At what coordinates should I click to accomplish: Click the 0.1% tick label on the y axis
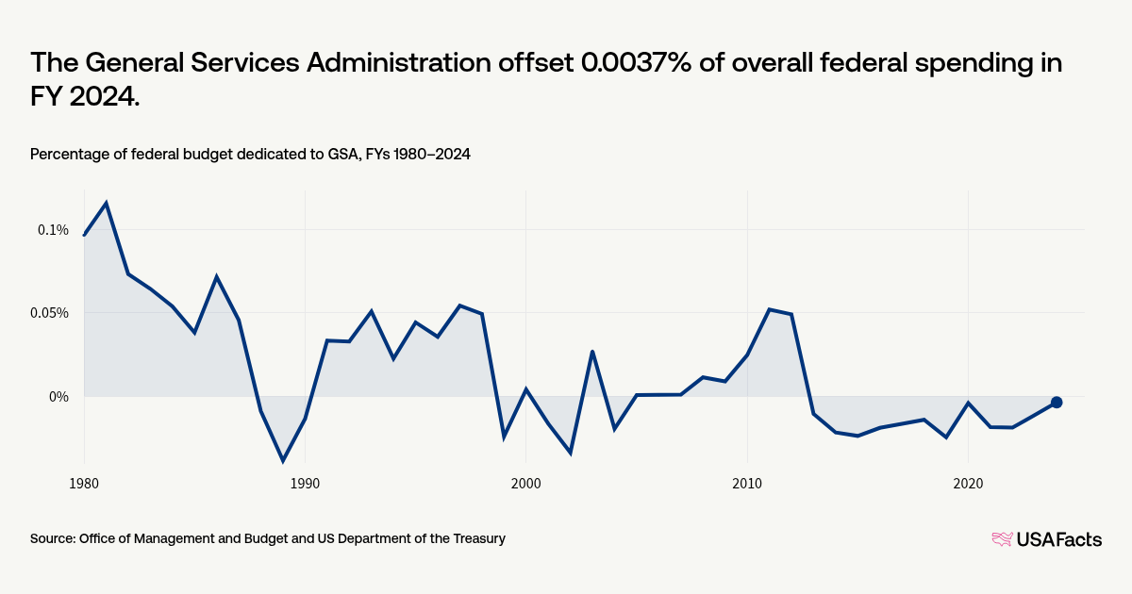(x=53, y=229)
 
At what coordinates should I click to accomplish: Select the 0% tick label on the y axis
(x=59, y=397)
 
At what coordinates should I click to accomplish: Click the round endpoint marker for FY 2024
(x=1057, y=403)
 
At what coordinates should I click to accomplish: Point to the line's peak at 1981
(x=106, y=203)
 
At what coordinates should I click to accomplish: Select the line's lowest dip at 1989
(x=283, y=461)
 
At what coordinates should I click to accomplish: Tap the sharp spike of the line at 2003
(x=592, y=352)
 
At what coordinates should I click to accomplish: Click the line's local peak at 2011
(x=769, y=309)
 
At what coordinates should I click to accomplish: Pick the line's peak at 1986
(x=217, y=277)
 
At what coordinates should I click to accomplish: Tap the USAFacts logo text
(x=1058, y=539)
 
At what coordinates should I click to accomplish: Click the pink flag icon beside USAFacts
(x=1002, y=539)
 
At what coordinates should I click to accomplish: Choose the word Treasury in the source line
(x=476, y=538)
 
